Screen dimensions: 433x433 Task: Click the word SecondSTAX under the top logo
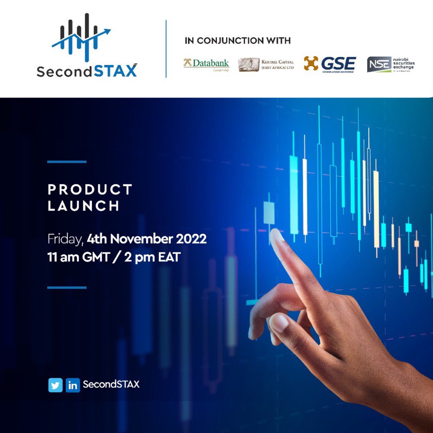[87, 71]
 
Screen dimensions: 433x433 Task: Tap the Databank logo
[206, 64]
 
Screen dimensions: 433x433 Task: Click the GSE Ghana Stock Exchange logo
[330, 64]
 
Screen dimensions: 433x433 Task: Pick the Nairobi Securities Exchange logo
[391, 65]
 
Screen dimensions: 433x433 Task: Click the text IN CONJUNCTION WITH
[237, 41]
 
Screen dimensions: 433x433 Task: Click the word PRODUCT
[90, 190]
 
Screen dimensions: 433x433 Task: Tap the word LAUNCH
[84, 206]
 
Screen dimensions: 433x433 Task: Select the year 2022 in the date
[191, 239]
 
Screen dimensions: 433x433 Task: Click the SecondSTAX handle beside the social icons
[111, 384]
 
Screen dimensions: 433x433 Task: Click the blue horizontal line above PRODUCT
[67, 162]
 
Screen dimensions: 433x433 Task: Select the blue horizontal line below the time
[67, 287]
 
